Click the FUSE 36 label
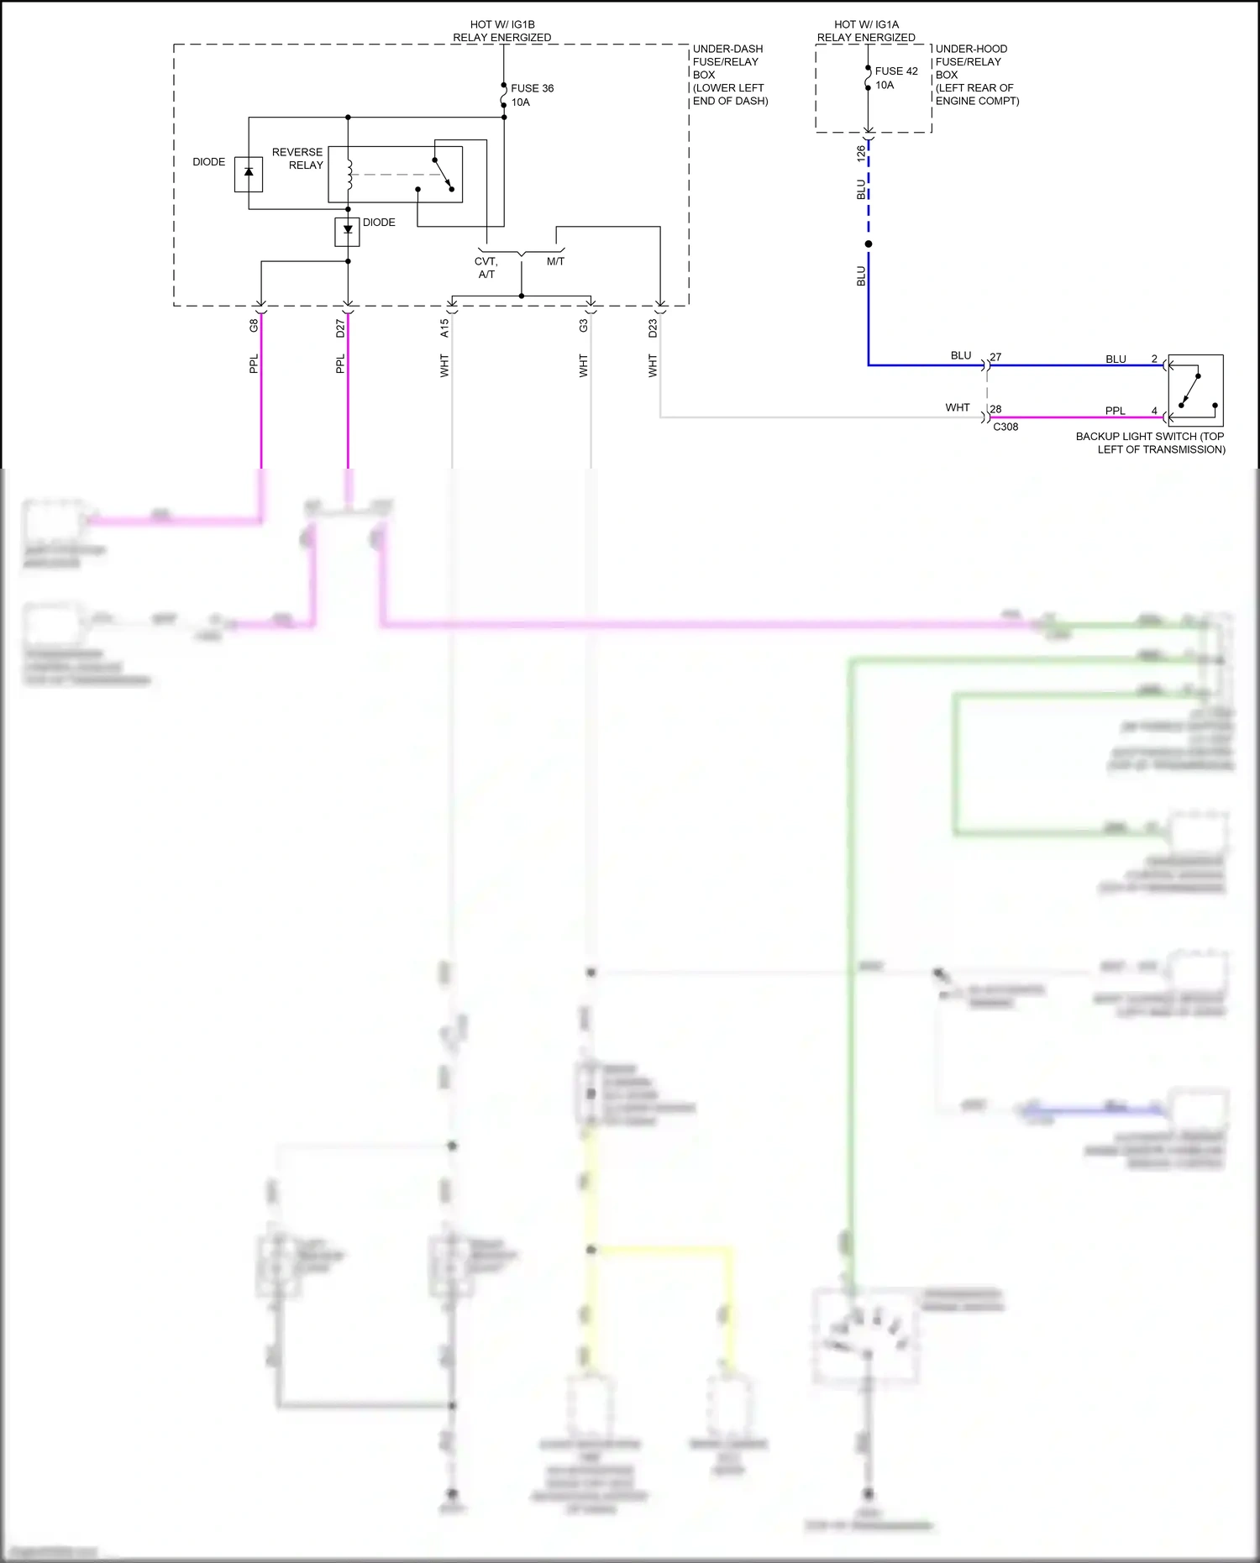532,88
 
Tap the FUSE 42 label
896,71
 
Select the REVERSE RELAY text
297,159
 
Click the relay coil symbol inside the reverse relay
348,175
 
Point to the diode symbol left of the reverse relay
249,172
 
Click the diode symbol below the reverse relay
348,230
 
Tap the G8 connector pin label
254,326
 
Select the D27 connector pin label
340,328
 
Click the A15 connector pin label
444,328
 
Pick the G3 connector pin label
583,326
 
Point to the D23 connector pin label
653,328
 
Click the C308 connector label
1005,427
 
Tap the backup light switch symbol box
1195,391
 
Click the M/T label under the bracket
555,261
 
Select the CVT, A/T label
486,268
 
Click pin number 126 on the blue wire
861,153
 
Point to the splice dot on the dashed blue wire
869,244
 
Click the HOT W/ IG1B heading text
502,24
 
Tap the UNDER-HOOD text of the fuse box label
971,49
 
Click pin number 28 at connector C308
995,409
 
